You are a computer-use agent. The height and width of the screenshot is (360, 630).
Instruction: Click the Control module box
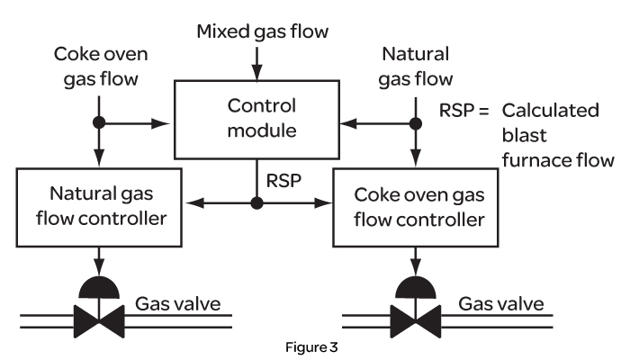point(256,121)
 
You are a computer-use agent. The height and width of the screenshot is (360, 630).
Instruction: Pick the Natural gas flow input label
point(417,68)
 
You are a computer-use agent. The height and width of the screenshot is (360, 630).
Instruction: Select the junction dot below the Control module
point(256,204)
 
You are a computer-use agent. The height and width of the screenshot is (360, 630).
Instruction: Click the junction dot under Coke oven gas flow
point(100,121)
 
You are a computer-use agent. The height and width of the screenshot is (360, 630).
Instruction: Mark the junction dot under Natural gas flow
point(415,121)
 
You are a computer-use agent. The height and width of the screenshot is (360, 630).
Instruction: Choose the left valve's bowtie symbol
point(100,316)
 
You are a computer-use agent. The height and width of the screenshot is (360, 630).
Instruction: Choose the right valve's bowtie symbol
point(415,316)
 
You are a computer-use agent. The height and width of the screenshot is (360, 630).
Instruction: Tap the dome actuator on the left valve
point(100,286)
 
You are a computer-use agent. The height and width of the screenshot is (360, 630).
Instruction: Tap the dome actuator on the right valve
point(415,286)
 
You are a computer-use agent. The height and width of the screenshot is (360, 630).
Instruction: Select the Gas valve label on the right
point(502,303)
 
